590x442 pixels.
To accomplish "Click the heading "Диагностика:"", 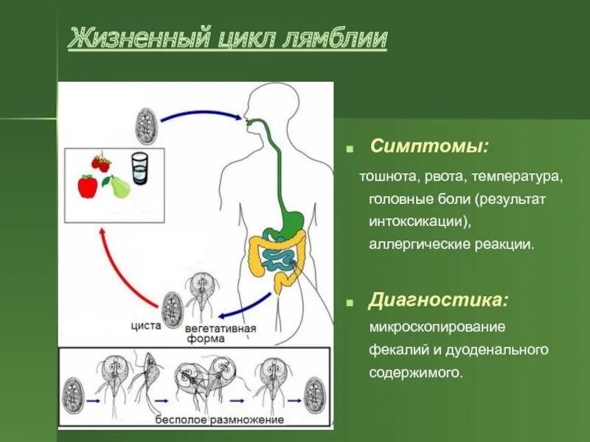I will [x=438, y=301].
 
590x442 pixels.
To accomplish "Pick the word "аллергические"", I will [x=414, y=244].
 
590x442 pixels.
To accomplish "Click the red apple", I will [x=88, y=186].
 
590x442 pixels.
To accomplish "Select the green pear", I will [x=117, y=188].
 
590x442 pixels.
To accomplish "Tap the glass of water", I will [x=139, y=168].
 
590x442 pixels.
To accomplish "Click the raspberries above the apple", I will [x=101, y=161].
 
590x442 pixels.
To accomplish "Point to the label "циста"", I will [x=145, y=325].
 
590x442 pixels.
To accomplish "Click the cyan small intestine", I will [x=280, y=259].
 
